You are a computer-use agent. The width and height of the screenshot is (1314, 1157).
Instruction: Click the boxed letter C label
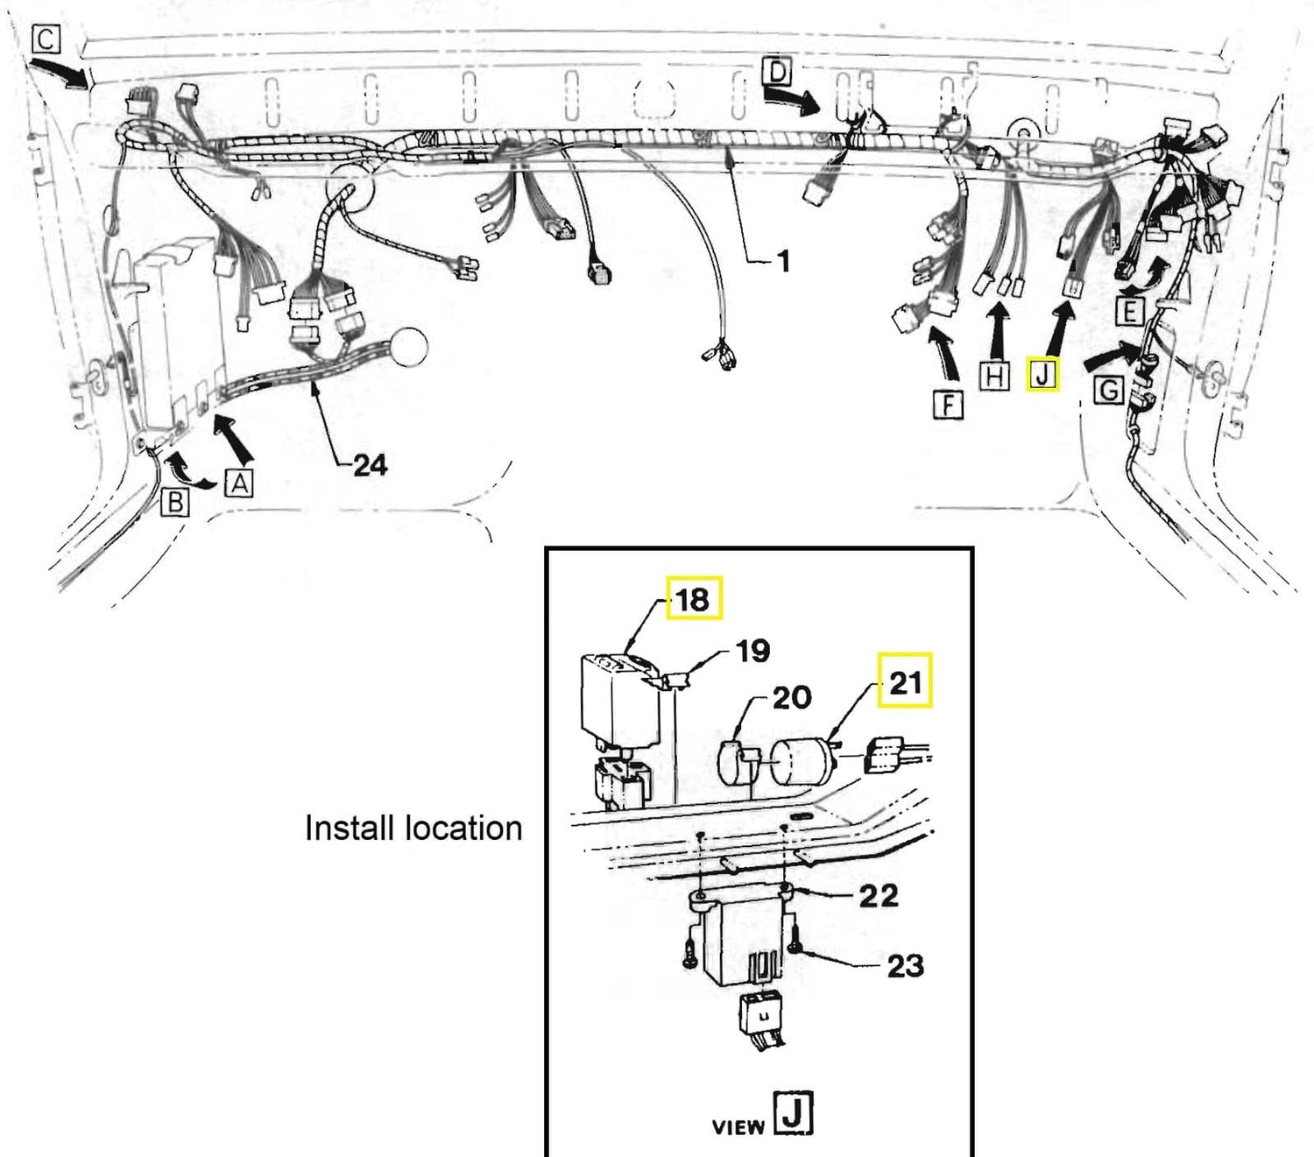tap(46, 39)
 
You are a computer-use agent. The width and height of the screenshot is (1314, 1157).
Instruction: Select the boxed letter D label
tap(778, 71)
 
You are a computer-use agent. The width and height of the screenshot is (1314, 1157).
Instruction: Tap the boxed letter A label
tap(239, 483)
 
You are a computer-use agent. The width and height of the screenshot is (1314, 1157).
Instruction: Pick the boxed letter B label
tap(175, 502)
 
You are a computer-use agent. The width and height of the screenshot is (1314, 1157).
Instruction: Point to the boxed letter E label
tap(1130, 312)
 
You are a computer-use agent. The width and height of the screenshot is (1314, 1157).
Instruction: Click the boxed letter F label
tap(948, 406)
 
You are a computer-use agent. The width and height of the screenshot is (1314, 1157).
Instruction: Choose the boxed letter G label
tap(1109, 391)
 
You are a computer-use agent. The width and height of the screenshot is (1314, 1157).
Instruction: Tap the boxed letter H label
tap(994, 376)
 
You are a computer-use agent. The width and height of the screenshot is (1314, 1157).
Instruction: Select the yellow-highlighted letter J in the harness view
tap(1042, 374)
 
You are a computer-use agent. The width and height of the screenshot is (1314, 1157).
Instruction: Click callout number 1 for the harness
tap(783, 261)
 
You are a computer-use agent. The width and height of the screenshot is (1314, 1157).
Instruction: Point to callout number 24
tap(371, 465)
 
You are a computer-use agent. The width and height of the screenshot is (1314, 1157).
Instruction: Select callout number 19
tap(753, 651)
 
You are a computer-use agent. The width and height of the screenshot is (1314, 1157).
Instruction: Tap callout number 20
tap(792, 698)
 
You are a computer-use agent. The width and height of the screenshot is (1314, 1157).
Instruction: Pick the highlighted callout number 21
tap(905, 681)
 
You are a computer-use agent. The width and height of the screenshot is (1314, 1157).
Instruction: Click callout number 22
tap(879, 897)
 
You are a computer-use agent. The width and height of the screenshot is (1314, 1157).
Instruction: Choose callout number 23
tap(906, 966)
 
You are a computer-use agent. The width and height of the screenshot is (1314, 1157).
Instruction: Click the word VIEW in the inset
tap(738, 1128)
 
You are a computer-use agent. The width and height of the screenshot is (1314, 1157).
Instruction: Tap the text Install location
tap(413, 829)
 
